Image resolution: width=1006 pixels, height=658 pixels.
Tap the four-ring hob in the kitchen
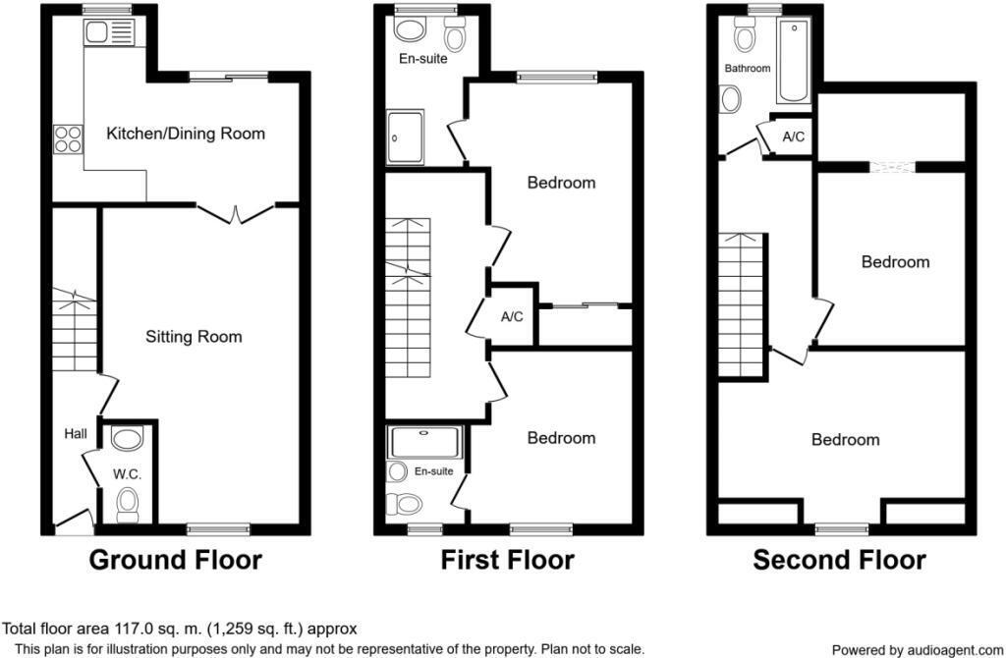tap(68, 139)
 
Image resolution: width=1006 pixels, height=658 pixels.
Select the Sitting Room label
tap(194, 337)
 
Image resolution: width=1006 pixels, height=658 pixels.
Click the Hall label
tap(76, 433)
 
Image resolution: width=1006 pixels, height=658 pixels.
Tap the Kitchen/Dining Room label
tap(186, 134)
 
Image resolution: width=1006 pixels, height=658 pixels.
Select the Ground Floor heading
tap(176, 561)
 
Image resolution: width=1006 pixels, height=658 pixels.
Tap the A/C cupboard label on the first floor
tap(512, 317)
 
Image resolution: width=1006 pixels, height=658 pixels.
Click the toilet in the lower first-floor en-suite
tap(404, 505)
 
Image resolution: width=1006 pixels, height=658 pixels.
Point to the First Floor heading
tap(507, 561)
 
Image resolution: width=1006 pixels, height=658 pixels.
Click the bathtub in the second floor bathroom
tap(791, 62)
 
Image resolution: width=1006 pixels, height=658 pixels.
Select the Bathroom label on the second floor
tap(748, 69)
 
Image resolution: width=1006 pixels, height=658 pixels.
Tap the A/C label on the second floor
tap(793, 137)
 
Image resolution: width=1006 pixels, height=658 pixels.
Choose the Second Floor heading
tap(839, 561)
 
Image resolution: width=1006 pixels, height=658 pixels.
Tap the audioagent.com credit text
tap(917, 650)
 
